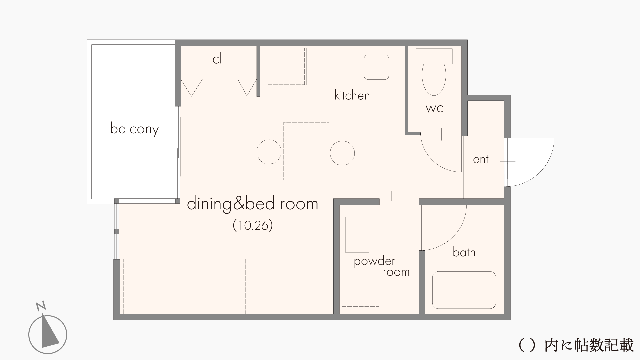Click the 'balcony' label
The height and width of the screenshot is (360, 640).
[x=134, y=129]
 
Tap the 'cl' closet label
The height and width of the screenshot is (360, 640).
[x=217, y=59]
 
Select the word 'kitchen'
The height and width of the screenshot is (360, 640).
[x=352, y=96]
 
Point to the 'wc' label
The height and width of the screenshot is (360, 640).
[x=434, y=108]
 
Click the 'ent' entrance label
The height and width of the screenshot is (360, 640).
[x=481, y=159]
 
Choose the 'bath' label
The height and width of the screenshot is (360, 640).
[x=464, y=252]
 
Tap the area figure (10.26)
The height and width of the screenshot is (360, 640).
[x=253, y=226]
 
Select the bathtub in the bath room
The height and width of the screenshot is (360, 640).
[x=464, y=290]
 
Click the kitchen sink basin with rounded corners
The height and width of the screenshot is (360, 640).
[x=376, y=67]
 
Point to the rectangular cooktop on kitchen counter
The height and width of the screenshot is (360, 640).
[x=331, y=68]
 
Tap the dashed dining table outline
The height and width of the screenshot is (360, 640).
[x=306, y=151]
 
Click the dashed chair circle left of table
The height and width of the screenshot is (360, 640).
[x=269, y=152]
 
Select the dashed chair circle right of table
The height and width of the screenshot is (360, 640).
[x=342, y=153]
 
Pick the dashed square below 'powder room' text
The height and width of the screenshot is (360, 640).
[x=360, y=288]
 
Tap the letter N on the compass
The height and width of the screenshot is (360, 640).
[x=41, y=306]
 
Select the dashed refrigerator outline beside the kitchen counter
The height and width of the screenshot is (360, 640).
[x=286, y=66]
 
